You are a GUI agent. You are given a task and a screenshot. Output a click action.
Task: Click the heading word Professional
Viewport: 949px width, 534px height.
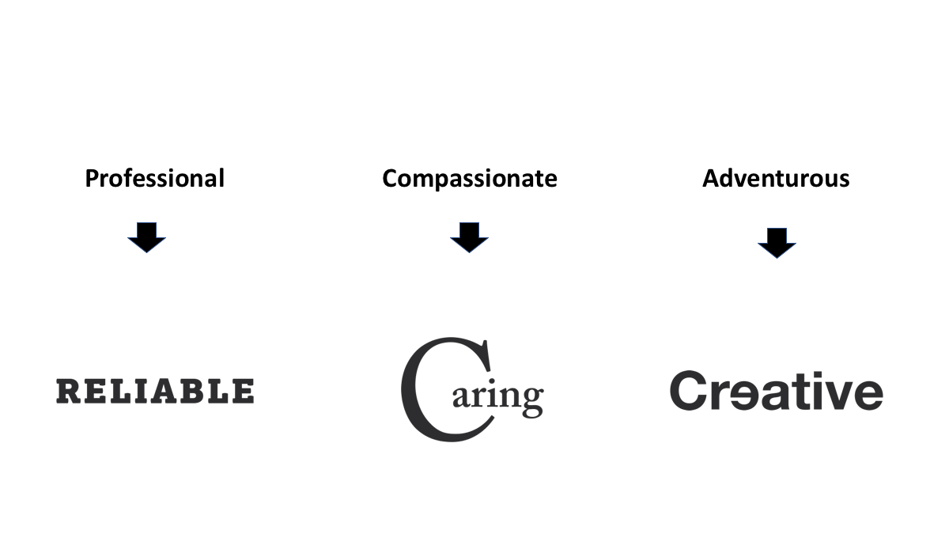coord(154,179)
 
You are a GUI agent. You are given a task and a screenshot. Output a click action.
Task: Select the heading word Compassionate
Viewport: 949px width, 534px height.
coord(469,179)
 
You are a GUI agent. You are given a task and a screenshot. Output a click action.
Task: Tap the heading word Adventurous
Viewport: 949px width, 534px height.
coord(776,179)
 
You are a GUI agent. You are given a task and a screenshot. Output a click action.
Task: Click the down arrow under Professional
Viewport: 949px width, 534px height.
coord(146,237)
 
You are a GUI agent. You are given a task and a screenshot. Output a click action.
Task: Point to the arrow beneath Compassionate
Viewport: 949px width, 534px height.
coord(469,237)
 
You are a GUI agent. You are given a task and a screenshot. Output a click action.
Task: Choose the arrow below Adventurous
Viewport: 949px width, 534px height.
coord(777,242)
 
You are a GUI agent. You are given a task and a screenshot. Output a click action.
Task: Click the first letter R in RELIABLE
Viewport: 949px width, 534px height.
coord(69,392)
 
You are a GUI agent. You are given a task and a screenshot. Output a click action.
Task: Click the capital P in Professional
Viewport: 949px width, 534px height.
coord(92,179)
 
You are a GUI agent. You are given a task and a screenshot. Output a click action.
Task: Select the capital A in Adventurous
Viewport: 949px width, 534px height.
coord(710,179)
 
